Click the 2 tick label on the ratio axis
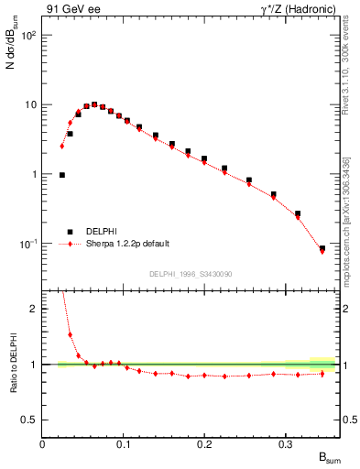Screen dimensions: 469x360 coord(32,309)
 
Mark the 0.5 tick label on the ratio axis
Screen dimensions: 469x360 coord(28,420)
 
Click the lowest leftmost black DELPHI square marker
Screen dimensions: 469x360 coord(61,174)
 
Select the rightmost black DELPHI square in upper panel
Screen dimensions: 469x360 coord(322,248)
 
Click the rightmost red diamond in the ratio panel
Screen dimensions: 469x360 coord(322,373)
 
